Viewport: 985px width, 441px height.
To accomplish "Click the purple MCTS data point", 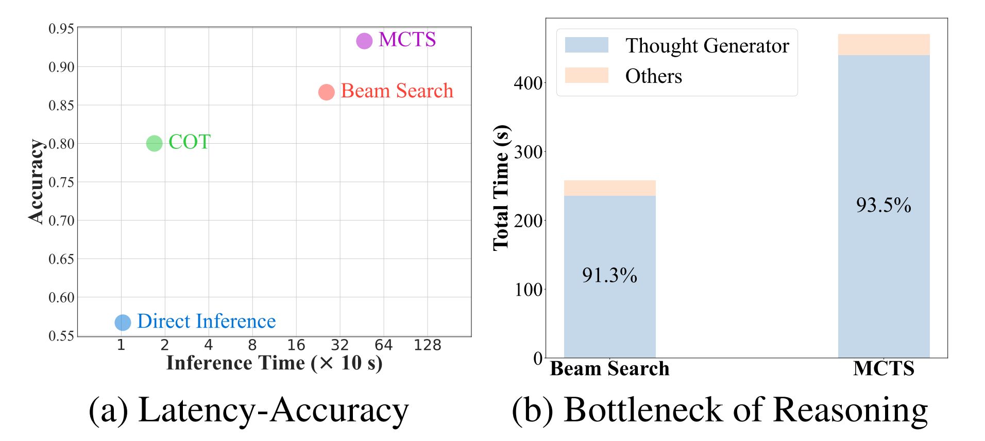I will [x=364, y=41].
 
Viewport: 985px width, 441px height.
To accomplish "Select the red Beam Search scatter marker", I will [x=326, y=92].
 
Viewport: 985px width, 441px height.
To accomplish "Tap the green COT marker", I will [x=154, y=143].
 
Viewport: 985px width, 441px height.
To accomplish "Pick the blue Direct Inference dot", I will [x=123, y=323].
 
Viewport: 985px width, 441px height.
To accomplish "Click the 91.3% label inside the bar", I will [x=609, y=275].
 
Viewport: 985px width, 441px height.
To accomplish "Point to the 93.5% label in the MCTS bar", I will [x=884, y=205].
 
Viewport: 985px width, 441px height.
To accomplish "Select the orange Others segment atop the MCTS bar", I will [x=884, y=45].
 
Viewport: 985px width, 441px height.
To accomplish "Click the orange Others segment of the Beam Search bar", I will [x=609, y=188].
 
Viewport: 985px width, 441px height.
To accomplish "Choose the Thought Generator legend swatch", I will [x=586, y=45].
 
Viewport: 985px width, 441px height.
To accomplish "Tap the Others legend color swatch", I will [x=586, y=76].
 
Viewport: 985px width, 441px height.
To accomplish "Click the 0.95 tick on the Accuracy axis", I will [x=61, y=28].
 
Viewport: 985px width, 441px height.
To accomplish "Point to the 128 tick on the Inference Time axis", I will [x=427, y=345].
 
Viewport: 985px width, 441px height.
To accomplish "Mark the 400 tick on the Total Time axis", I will [x=528, y=83].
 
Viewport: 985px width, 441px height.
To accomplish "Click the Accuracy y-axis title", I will [x=36, y=181].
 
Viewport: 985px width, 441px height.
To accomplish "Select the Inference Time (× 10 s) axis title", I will [x=274, y=363].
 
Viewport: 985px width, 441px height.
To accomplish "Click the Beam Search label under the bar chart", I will [x=609, y=369].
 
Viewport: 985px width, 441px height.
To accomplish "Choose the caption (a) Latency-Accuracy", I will [x=248, y=411].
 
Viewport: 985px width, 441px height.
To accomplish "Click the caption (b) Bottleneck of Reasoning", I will [x=720, y=411].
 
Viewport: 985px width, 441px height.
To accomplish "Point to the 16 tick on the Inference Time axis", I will [x=296, y=345].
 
